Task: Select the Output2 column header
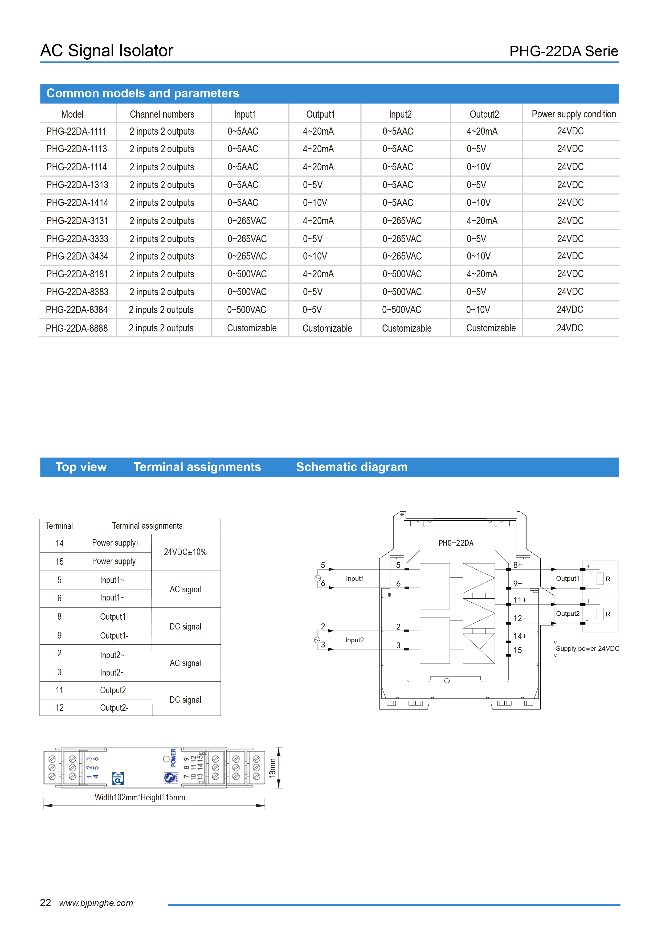coord(484,114)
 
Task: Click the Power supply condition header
coord(573,114)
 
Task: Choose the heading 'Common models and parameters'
coord(142,93)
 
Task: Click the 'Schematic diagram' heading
coord(352,467)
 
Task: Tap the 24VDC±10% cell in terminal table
coord(185,552)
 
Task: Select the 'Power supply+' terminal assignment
coord(116,543)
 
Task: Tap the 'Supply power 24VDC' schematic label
coord(587,648)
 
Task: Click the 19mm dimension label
coord(272,768)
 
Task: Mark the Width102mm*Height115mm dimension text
coord(140,797)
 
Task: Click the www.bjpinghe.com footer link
coord(96,903)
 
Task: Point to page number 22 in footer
coord(45,903)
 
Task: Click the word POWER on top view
coord(173,758)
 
